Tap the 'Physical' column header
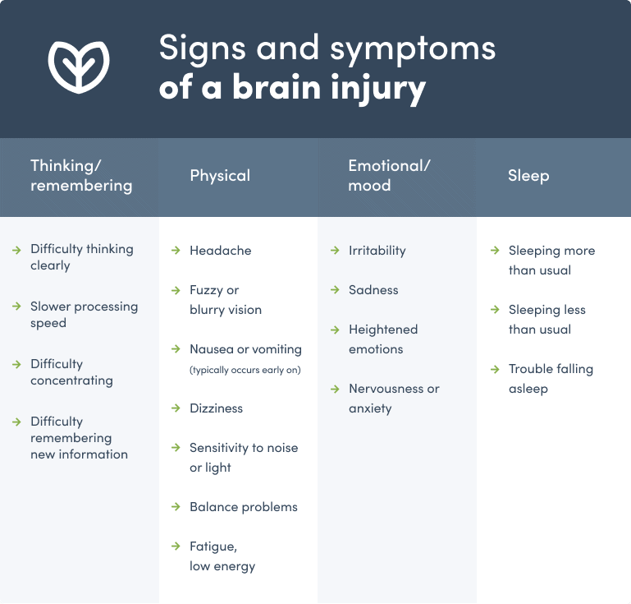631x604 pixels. (220, 176)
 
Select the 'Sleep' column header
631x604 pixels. (528, 176)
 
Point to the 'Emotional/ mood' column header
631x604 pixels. (389, 176)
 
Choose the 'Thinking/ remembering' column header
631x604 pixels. (81, 176)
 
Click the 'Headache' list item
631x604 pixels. (220, 251)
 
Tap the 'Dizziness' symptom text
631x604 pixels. (216, 408)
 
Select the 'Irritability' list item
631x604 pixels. (377, 251)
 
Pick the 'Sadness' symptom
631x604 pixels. (373, 290)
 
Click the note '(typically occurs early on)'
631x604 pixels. (245, 370)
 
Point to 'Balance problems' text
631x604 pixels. (244, 507)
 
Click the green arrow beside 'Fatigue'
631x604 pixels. (176, 546)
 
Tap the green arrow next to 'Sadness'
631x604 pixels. (335, 289)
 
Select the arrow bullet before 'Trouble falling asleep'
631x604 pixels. (494, 368)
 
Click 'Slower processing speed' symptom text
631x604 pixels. (84, 315)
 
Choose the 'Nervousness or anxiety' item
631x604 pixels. (394, 399)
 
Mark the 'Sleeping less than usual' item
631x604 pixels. (546, 320)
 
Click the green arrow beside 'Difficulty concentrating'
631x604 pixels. (16, 363)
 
